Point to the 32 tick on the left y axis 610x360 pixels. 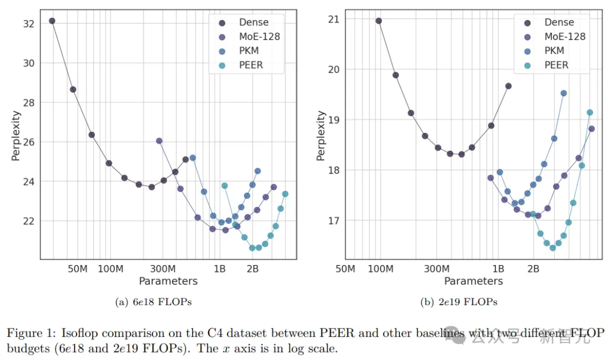[x=28, y=24]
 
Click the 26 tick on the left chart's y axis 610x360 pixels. [x=28, y=142]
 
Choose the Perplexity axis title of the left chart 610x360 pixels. [x=16, y=136]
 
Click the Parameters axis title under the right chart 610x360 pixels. [x=473, y=281]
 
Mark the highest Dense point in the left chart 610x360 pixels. [x=52, y=21]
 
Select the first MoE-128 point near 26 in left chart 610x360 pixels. [x=159, y=141]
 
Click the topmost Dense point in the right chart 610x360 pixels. [x=378, y=21]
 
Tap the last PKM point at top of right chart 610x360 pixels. [x=563, y=93]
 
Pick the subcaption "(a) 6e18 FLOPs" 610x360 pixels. [x=154, y=302]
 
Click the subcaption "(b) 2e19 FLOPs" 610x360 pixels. [x=459, y=302]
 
